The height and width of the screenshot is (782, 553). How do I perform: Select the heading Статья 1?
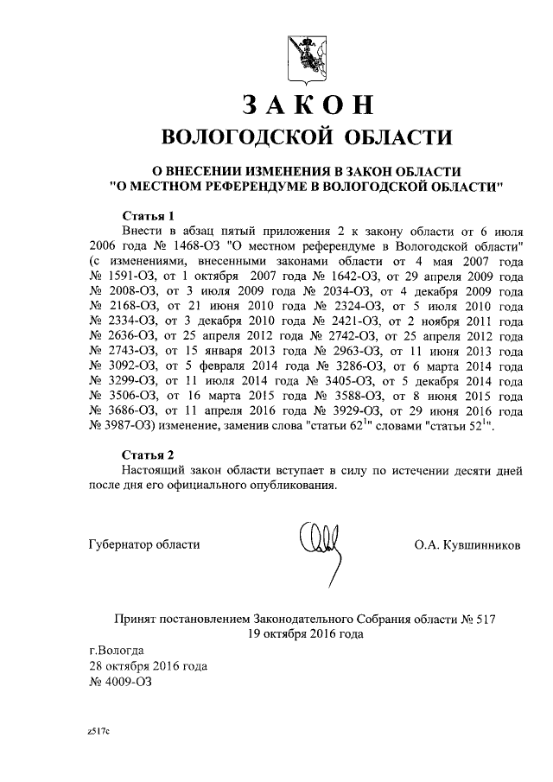[148, 215]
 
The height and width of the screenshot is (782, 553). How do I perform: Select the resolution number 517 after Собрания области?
[485, 619]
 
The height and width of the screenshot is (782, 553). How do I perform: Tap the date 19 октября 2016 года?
[306, 633]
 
